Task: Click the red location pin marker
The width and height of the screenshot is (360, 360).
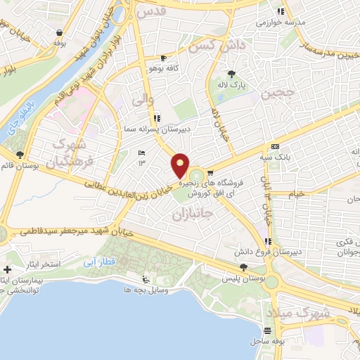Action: pyautogui.click(x=181, y=166)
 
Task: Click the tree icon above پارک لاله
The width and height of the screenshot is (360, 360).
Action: pyautogui.click(x=231, y=73)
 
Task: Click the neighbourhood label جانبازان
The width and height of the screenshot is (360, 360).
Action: pyautogui.click(x=191, y=214)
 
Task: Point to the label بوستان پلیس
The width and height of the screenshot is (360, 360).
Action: pyautogui.click(x=244, y=279)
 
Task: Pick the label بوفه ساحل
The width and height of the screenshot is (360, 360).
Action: pyautogui.click(x=270, y=342)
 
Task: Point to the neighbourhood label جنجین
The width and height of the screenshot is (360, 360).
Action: pyautogui.click(x=275, y=93)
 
